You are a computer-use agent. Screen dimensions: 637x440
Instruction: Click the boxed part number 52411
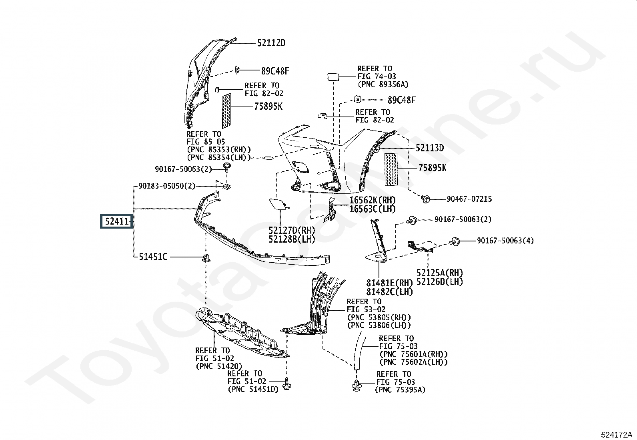point(116,221)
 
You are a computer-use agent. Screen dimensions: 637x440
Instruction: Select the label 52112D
point(271,43)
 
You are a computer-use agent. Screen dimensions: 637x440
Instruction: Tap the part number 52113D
point(430,148)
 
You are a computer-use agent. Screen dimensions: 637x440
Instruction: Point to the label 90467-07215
point(469,199)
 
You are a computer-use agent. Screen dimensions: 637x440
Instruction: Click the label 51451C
point(153,257)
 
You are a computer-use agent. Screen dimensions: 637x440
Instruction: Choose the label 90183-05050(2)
point(167,186)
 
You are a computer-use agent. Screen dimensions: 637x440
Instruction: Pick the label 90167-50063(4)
point(505,241)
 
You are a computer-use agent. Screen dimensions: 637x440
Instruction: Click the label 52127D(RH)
point(292,230)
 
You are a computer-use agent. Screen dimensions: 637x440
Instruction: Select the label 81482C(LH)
point(389,292)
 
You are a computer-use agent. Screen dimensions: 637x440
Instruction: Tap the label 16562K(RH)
point(373,200)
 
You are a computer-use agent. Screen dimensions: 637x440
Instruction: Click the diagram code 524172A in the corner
point(616,435)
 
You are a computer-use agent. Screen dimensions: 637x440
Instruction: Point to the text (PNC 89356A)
point(383,84)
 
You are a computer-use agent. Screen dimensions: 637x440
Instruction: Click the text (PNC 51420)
point(219,366)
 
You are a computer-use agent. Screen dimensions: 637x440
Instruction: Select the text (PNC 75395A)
point(400,390)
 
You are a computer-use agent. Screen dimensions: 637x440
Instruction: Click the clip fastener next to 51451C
point(206,257)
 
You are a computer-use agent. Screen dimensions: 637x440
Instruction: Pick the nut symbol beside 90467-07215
point(425,199)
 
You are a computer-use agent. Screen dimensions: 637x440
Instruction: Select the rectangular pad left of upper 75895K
point(226,111)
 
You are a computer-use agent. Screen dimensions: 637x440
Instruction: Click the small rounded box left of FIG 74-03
point(333,77)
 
